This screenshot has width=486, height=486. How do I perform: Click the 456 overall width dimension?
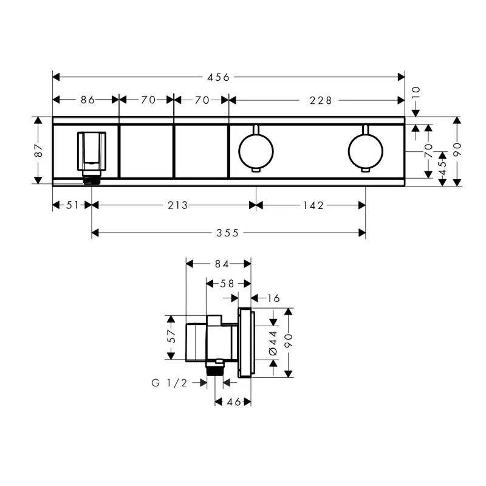click(219, 77)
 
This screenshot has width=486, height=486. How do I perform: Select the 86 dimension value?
click(87, 100)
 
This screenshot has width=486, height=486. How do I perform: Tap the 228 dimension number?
click(321, 100)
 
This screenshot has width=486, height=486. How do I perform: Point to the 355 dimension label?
click(227, 233)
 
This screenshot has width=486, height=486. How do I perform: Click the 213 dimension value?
click(177, 205)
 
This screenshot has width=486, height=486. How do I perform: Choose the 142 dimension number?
click(313, 205)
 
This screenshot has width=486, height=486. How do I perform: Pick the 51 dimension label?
click(72, 205)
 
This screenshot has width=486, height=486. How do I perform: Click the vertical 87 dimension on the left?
click(39, 150)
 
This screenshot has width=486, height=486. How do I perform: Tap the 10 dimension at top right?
click(416, 92)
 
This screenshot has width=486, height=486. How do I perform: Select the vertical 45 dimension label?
click(443, 168)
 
